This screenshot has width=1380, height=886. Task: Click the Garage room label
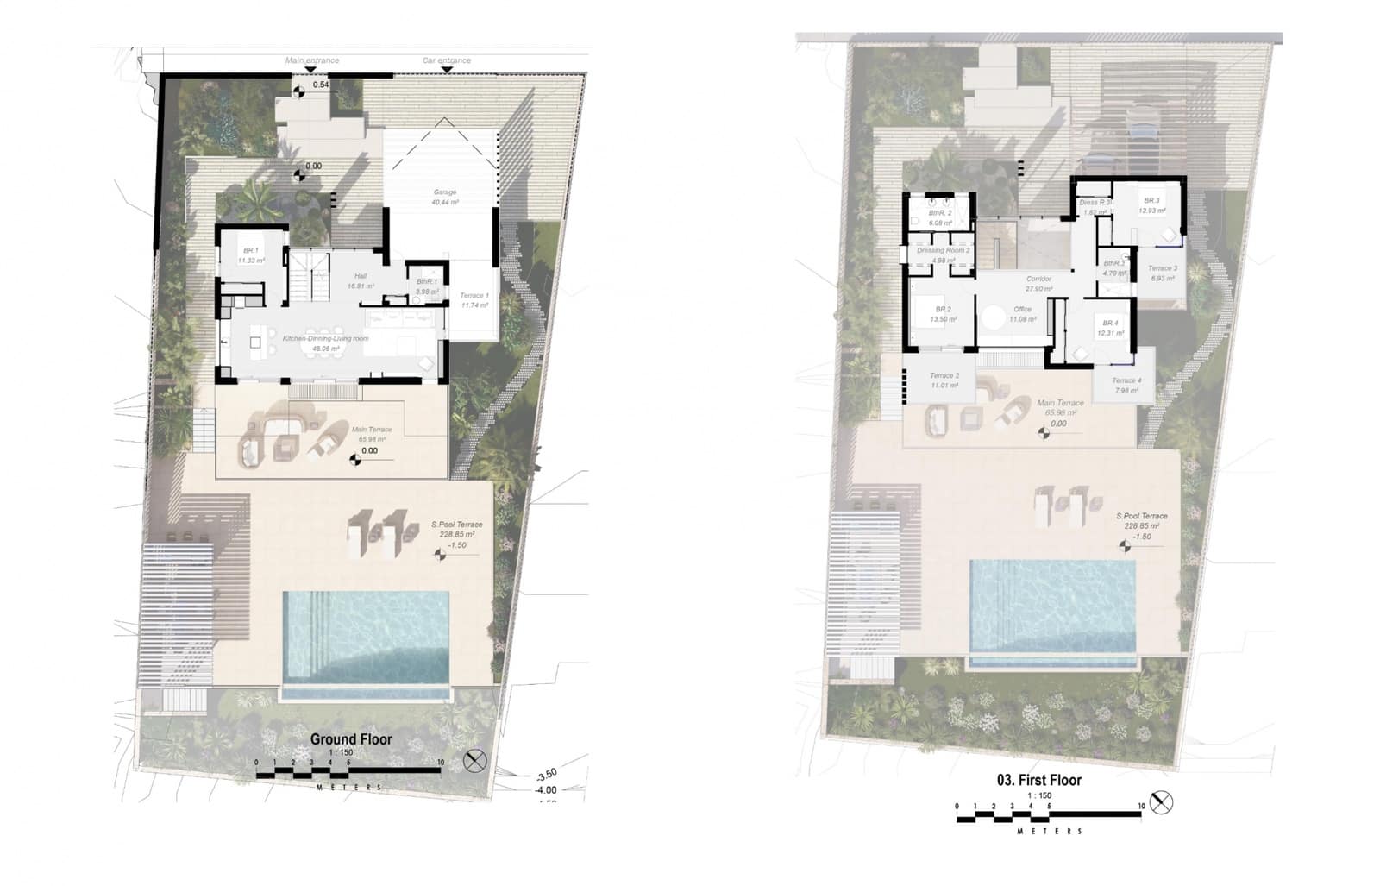[x=445, y=192]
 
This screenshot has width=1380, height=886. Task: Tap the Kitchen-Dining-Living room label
[x=325, y=339]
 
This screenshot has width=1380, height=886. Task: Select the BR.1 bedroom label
[x=253, y=251]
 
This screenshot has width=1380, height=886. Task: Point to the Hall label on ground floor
[x=361, y=276]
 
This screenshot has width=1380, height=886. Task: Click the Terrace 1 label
[x=474, y=296]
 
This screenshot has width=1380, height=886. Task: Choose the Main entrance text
[x=312, y=60]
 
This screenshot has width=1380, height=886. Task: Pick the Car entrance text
[x=447, y=60]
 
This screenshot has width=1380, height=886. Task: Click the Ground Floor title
[x=351, y=739]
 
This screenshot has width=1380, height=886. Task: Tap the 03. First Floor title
[x=1038, y=780]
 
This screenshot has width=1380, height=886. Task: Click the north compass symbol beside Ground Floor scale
[x=475, y=762]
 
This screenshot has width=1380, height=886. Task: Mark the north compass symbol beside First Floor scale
[x=1162, y=802]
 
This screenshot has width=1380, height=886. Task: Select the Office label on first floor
[x=1023, y=309]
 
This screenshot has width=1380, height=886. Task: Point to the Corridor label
[x=1038, y=280]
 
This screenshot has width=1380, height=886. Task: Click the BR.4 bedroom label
[x=1111, y=324]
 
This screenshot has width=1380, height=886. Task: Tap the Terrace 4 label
[x=1126, y=380]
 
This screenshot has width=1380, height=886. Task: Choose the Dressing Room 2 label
[x=944, y=251]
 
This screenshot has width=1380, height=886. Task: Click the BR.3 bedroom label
[x=1151, y=201]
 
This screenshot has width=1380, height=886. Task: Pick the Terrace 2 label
[x=944, y=376]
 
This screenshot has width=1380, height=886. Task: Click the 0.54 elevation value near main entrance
[x=321, y=85]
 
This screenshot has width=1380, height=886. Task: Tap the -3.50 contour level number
[x=547, y=775]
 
